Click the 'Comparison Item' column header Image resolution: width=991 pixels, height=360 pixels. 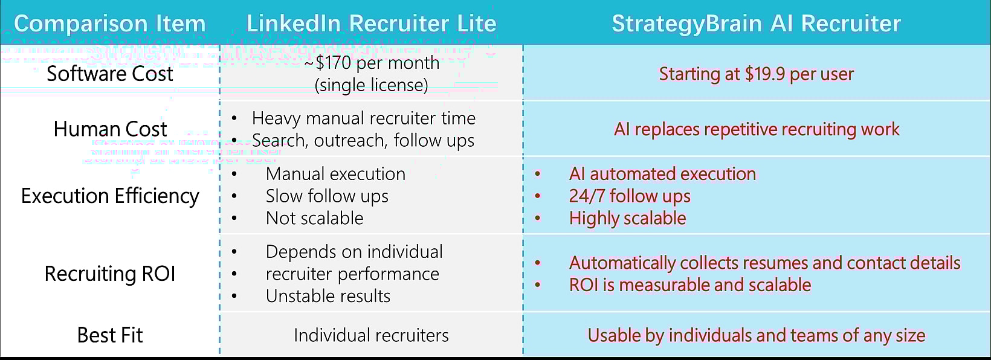click(109, 24)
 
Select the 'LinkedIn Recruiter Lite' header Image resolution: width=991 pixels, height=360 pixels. click(371, 24)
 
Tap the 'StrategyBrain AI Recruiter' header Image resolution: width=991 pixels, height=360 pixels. click(756, 24)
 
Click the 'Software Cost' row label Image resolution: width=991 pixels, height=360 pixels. click(109, 74)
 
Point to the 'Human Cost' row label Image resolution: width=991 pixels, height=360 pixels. click(109, 129)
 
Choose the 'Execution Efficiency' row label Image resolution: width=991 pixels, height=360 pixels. click(109, 196)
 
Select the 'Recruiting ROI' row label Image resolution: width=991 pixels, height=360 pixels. click(109, 274)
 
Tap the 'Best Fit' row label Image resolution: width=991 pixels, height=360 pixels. click(109, 335)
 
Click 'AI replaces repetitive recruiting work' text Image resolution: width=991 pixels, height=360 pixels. click(756, 129)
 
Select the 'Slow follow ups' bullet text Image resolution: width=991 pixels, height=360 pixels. click(327, 196)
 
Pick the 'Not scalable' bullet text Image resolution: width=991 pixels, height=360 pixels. click(314, 218)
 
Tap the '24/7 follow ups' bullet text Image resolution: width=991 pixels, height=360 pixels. click(629, 196)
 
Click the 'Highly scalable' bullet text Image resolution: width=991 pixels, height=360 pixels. click(627, 218)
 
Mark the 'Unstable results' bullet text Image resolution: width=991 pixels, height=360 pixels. click(328, 296)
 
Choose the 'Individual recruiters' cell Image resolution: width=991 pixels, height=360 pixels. click(371, 335)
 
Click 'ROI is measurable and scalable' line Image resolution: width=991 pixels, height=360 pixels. click(689, 284)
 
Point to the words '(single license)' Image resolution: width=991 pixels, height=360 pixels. click(371, 85)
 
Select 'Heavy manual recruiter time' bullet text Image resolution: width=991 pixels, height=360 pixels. click(363, 118)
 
